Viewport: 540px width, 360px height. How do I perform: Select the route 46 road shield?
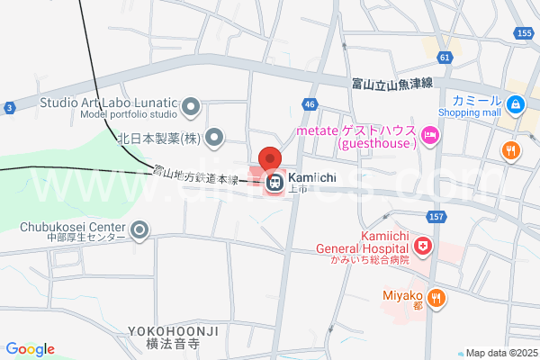click(310, 104)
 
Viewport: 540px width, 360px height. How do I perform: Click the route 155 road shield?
click(525, 33)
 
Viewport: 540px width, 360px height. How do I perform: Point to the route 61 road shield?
click(445, 58)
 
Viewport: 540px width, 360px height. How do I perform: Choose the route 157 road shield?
click(437, 216)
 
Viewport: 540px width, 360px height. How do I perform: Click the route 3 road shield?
click(8, 108)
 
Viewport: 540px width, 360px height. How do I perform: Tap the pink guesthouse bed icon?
click(430, 136)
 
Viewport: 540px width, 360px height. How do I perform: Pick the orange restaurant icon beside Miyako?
click(436, 297)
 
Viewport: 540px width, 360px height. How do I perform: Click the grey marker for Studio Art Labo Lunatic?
click(191, 109)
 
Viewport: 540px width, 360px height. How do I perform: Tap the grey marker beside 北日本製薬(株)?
click(214, 138)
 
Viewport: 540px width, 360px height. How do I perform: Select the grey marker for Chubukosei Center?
click(139, 232)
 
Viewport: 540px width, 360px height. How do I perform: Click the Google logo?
click(30, 349)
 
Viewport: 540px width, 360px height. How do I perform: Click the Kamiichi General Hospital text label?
click(361, 243)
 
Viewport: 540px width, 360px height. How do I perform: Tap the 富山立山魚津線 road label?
click(391, 83)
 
